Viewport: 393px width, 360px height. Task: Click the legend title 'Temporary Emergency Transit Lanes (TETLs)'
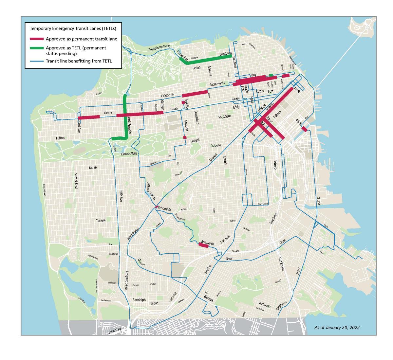point(73,28)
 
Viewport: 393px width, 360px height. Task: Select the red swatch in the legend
point(37,39)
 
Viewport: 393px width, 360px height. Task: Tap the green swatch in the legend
point(37,48)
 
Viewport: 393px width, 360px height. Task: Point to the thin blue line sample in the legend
point(37,61)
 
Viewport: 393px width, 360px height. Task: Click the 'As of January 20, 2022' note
point(337,327)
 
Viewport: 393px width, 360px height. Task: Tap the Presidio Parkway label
point(159,48)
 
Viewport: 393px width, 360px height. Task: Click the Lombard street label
point(225,53)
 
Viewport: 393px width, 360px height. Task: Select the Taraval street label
point(101,220)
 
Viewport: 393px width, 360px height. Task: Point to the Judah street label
point(93,168)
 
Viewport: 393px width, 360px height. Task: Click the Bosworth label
point(207,243)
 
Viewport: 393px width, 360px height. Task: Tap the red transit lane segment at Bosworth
point(204,245)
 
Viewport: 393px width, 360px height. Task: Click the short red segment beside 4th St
point(304,129)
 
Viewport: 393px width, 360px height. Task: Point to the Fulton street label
point(60,138)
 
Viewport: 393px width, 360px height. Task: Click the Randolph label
point(139,300)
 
